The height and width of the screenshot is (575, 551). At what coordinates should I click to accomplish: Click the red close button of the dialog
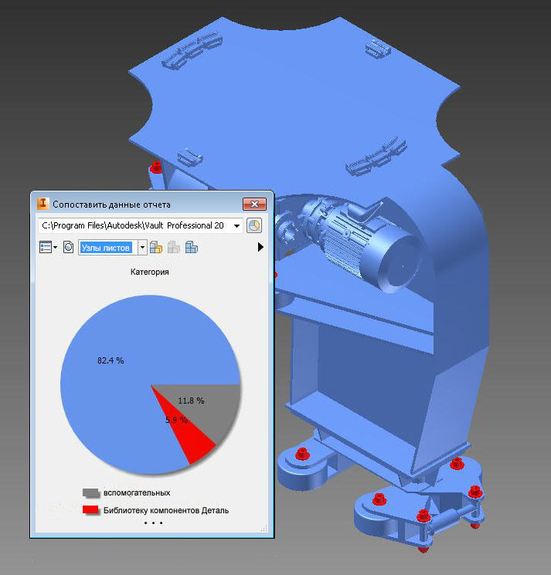click(254, 204)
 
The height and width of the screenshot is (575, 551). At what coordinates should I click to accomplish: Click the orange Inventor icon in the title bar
click(43, 204)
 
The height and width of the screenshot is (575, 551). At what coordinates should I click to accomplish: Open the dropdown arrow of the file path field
click(236, 225)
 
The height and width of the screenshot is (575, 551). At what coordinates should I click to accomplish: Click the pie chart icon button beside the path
click(254, 225)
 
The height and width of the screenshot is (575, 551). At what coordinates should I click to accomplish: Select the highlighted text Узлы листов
click(105, 248)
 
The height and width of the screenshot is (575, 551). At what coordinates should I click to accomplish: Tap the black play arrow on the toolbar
click(260, 247)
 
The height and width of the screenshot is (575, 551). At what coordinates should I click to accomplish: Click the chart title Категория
click(150, 272)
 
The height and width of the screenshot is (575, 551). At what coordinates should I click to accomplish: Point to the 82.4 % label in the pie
click(111, 360)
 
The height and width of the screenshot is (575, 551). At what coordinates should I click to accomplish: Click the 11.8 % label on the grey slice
click(191, 401)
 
